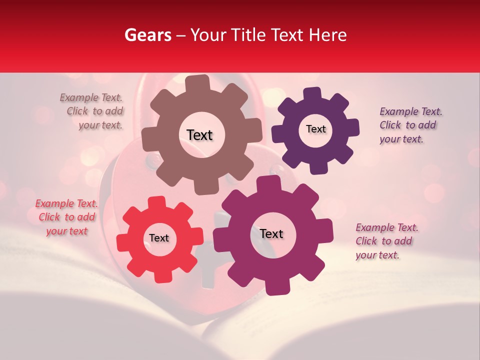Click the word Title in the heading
247,35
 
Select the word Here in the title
328,35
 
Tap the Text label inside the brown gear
199,135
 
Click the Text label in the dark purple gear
315,129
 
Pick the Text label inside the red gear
159,238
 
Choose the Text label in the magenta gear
271,233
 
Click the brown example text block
92,111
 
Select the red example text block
66,217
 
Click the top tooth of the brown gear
197,83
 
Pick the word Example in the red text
55,203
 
